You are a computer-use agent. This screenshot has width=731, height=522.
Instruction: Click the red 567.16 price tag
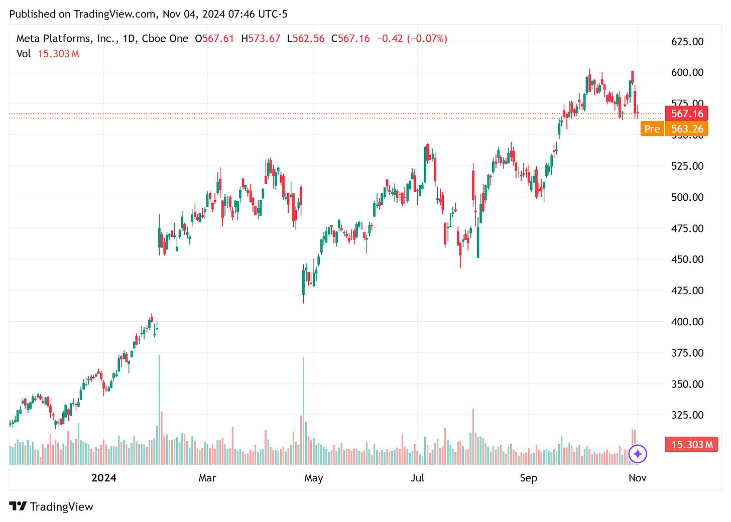click(686, 114)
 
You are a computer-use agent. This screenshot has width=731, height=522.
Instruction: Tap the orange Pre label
click(652, 129)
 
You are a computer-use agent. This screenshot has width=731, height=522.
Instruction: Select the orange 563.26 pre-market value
click(687, 129)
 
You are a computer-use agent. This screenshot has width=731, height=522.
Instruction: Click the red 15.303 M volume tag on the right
click(691, 445)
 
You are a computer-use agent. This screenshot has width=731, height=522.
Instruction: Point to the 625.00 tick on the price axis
click(687, 42)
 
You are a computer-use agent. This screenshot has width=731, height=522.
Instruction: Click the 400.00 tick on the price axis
click(687, 322)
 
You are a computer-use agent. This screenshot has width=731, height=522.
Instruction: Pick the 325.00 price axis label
click(687, 415)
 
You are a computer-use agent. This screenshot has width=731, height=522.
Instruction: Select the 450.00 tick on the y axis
click(687, 259)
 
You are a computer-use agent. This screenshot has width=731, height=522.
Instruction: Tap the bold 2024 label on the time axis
click(103, 478)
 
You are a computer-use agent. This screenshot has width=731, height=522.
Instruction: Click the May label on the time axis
click(313, 478)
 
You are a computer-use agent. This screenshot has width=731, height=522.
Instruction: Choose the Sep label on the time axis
click(528, 478)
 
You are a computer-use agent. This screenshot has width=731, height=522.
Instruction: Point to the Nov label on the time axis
click(637, 478)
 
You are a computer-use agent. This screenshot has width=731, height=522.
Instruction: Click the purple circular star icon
click(638, 454)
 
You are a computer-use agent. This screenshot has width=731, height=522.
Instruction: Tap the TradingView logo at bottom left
click(51, 506)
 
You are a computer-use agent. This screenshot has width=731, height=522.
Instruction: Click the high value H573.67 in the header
click(261, 39)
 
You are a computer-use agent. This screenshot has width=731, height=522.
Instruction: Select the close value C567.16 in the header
click(350, 39)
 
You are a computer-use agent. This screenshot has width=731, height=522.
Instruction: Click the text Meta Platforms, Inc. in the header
click(66, 39)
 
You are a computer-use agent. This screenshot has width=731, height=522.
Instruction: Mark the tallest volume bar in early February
click(159, 409)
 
